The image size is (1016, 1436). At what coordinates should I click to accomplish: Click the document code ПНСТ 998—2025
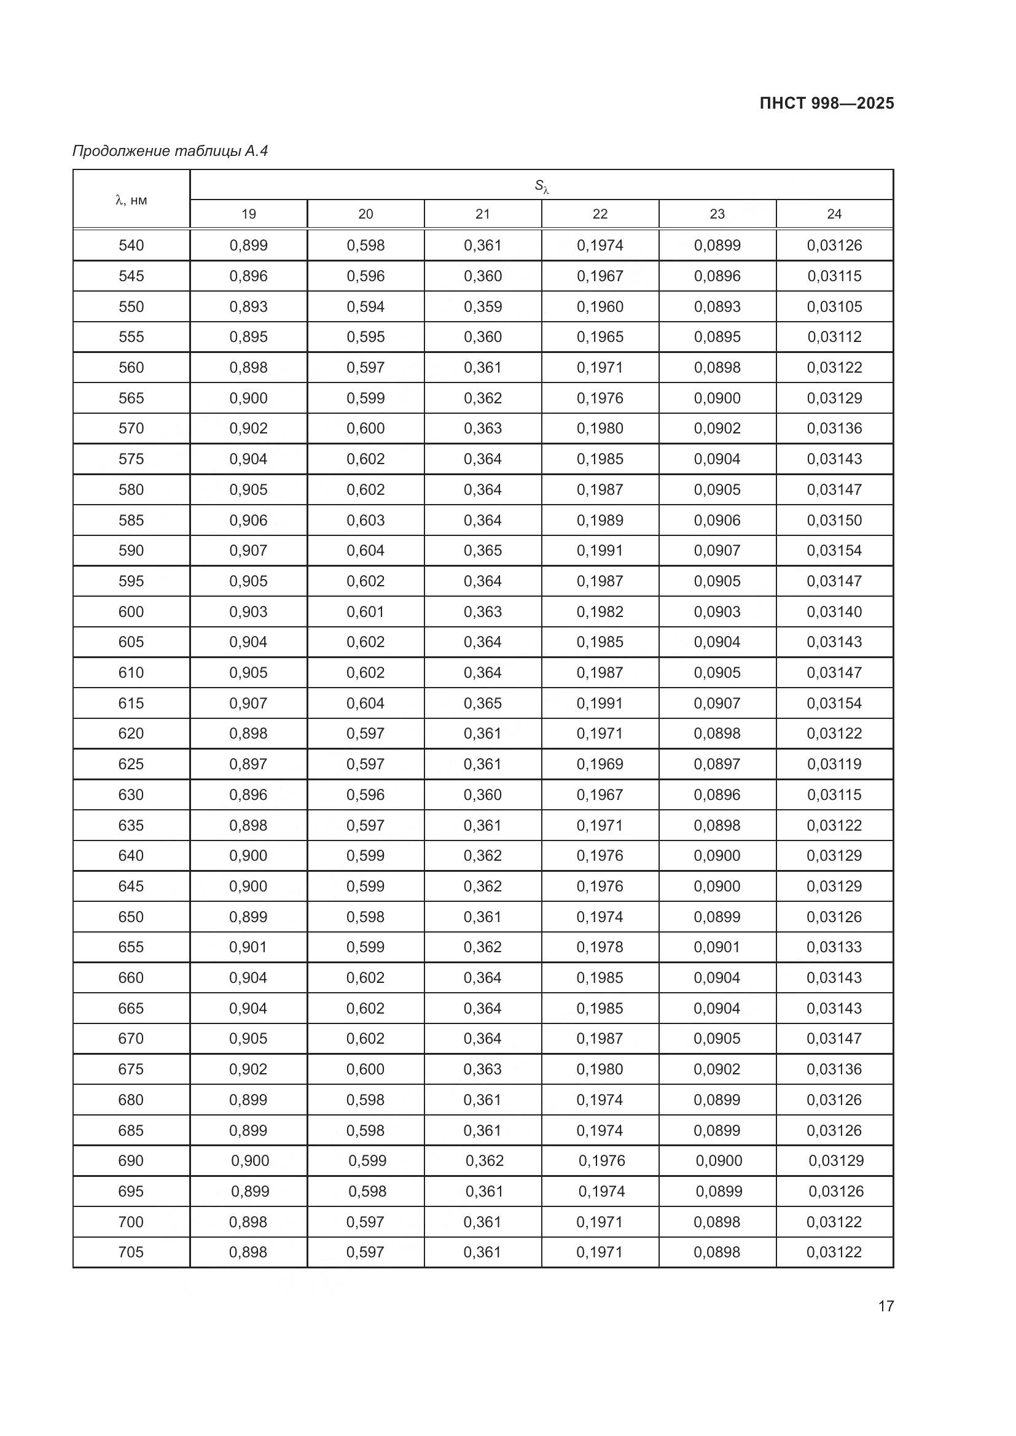pos(826,104)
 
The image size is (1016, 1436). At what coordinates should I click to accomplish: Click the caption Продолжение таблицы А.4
pos(170,151)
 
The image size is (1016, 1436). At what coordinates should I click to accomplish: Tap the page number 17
pos(886,1306)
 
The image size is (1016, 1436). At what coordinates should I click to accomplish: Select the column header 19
pos(248,214)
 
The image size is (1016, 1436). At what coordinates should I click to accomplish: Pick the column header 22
pos(600,214)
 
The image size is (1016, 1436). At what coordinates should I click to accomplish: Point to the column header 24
pos(834,214)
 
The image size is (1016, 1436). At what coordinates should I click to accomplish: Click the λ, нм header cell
pos(131,200)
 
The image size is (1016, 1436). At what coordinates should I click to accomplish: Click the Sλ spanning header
pos(541,186)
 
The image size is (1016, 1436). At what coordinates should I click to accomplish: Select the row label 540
pos(131,245)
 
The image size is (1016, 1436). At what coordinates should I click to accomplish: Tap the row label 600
pos(131,611)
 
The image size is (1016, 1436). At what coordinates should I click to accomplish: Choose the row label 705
pos(131,1252)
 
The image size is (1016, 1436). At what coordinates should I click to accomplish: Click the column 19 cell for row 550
pos(248,306)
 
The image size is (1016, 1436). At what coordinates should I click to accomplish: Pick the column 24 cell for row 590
pos(834,550)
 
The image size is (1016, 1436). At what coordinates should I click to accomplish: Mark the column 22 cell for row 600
pos(600,611)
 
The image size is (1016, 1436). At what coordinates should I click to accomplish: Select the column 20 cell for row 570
pos(365,429)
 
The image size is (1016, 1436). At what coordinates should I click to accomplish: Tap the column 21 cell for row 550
pos(482,306)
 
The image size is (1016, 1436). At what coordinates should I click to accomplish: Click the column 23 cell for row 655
pos(717,947)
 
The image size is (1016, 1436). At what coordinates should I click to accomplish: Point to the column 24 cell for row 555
pos(834,337)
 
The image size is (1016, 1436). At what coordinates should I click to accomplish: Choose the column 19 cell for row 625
pos(248,764)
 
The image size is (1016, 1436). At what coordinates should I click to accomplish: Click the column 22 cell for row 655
pos(600,947)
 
